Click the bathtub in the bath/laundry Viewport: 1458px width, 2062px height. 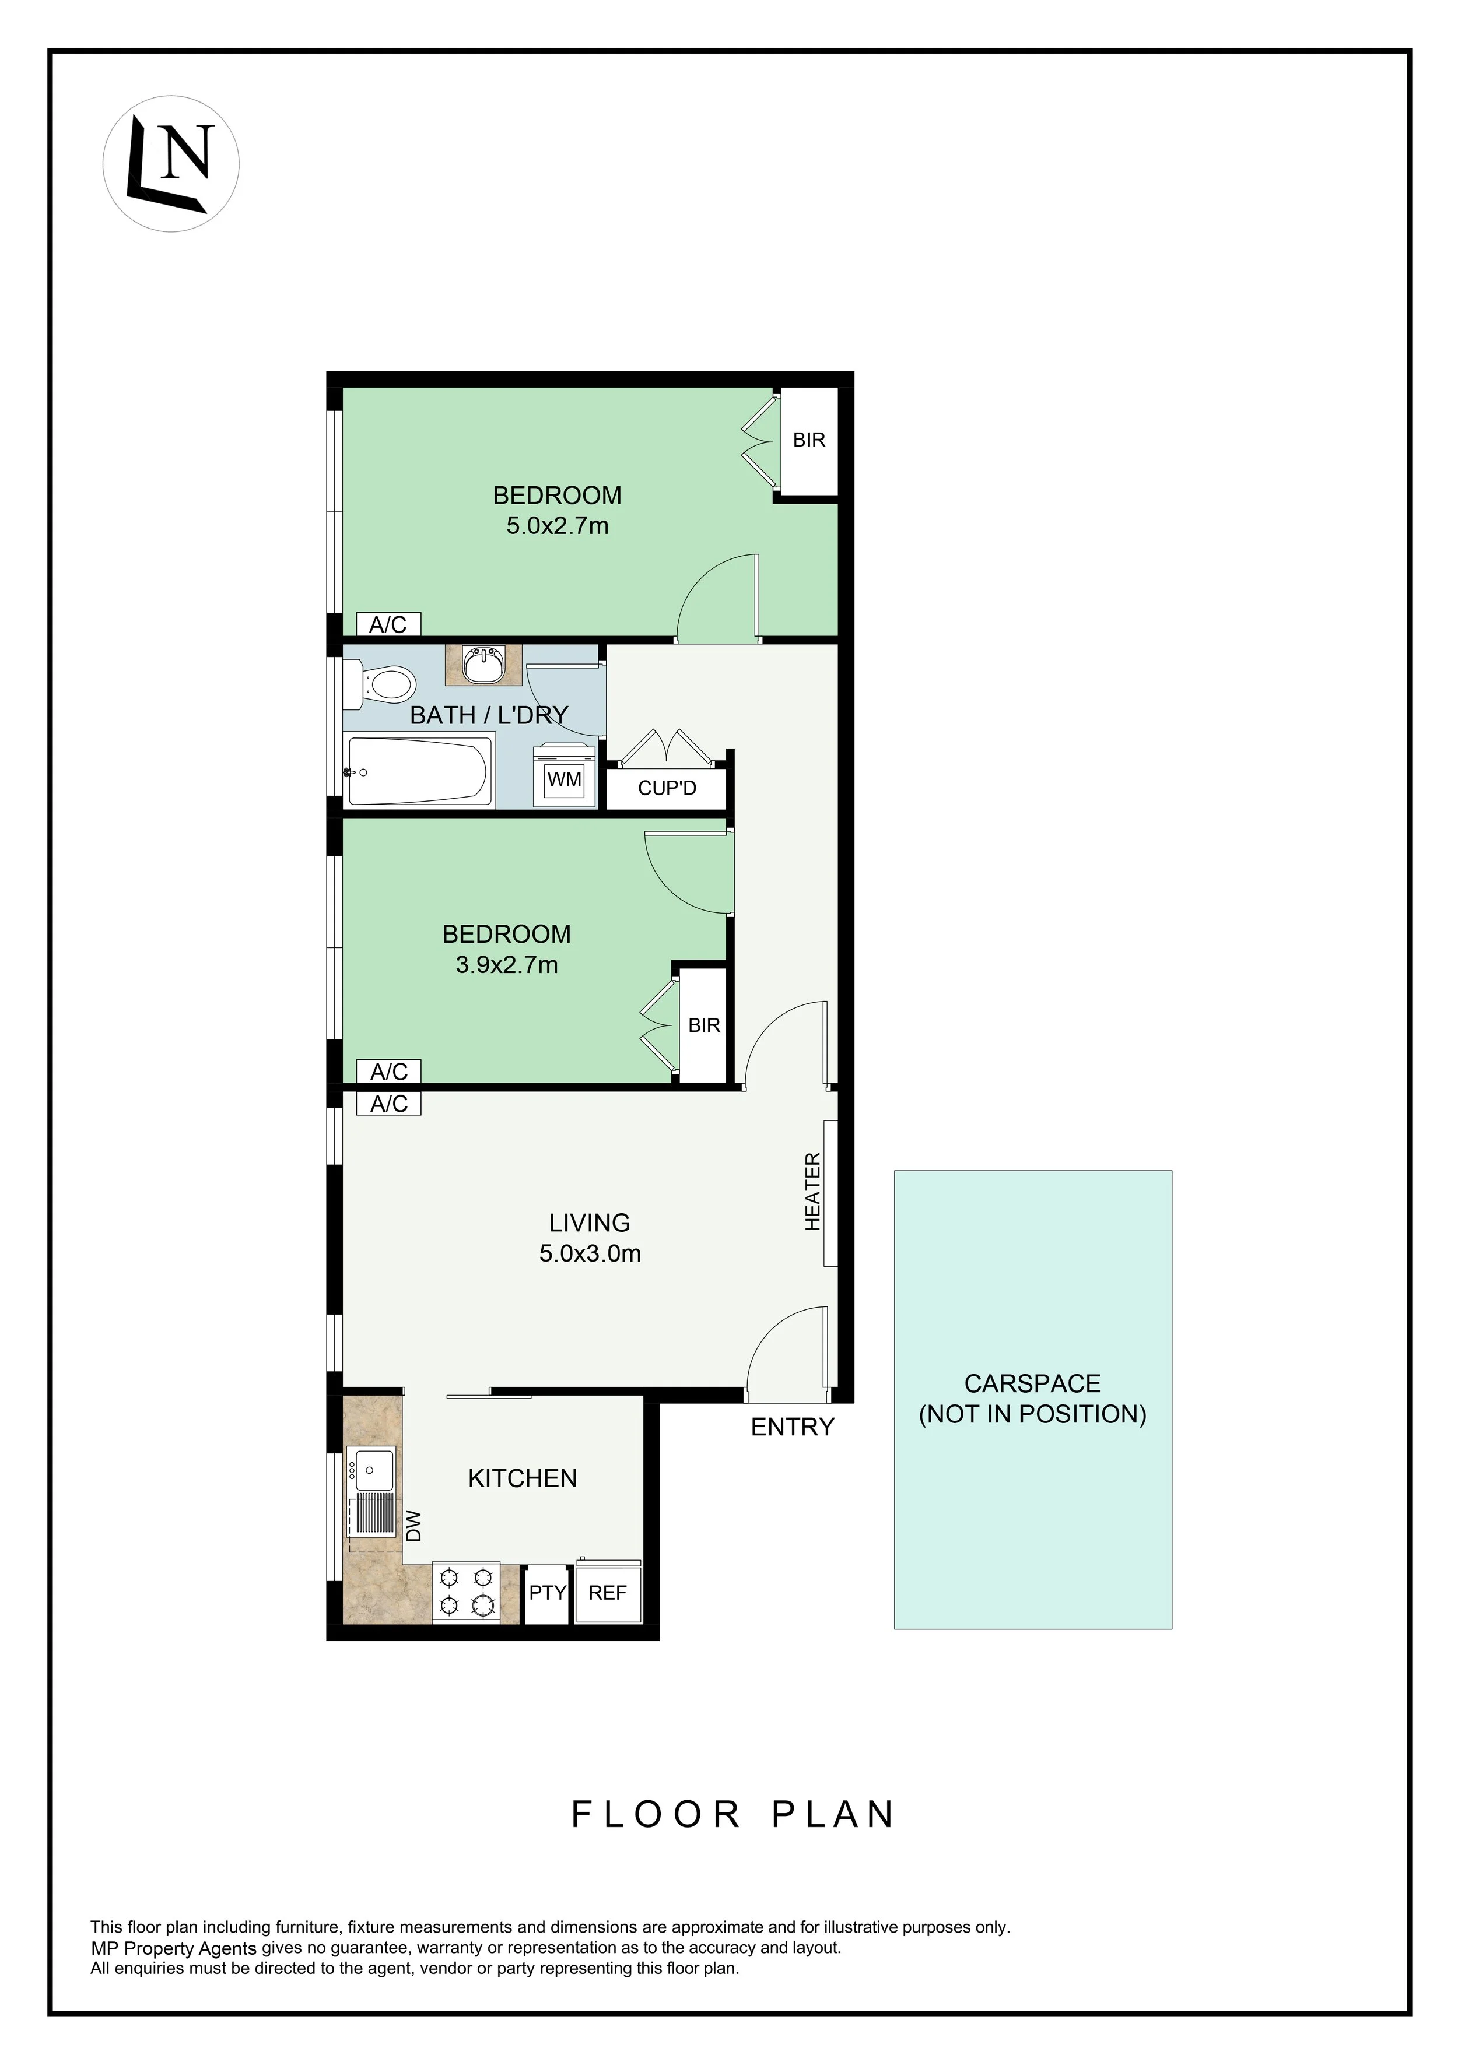[x=419, y=771]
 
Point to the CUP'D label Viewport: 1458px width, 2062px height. [x=667, y=789]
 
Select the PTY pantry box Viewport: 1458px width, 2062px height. [x=547, y=1593]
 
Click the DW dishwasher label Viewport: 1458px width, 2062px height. [x=414, y=1526]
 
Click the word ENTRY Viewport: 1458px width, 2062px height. [x=793, y=1426]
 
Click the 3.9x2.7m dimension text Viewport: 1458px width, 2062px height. [x=507, y=965]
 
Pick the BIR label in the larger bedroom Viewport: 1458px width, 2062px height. [x=808, y=440]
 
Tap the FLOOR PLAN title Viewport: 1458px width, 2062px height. [x=733, y=1815]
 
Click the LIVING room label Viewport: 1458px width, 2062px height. [x=589, y=1223]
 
